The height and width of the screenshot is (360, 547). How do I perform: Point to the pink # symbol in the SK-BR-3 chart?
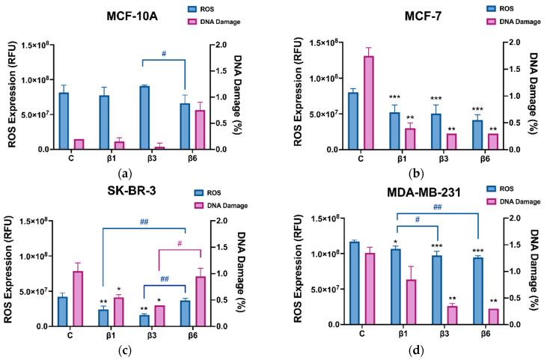(180, 243)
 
